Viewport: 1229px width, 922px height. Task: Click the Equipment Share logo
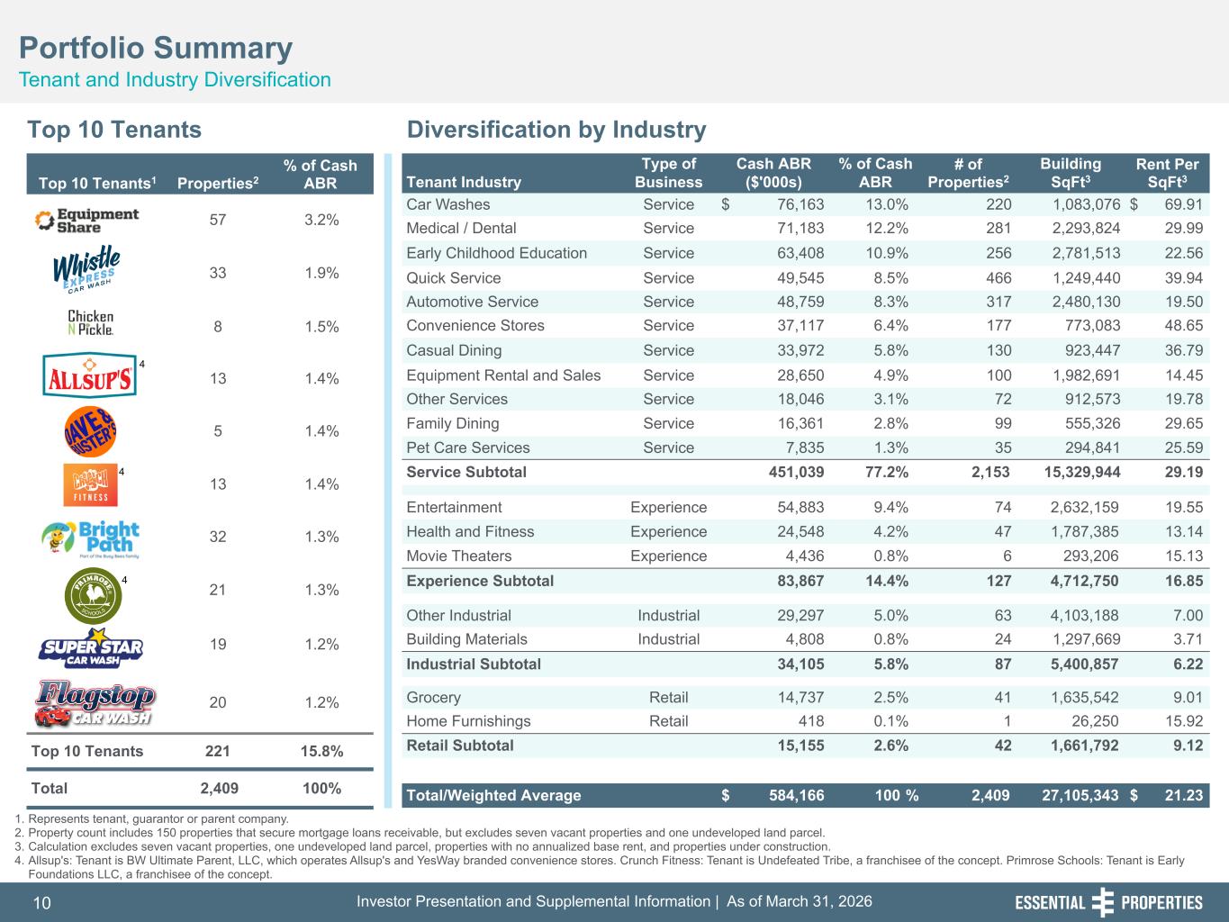[x=86, y=221]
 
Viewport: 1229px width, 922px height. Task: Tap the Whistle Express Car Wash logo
[x=86, y=269]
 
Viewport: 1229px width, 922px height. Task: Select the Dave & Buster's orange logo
[x=90, y=431]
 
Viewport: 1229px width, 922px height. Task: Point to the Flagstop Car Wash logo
[x=95, y=704]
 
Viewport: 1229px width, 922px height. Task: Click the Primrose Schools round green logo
[x=93, y=596]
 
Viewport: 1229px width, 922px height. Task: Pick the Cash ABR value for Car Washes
[x=800, y=204]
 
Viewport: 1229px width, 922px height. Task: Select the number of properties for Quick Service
[x=999, y=277]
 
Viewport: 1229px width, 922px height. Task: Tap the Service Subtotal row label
[x=466, y=472]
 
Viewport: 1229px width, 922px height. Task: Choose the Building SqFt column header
[x=1071, y=173]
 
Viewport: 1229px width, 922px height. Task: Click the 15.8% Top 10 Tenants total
[x=321, y=751]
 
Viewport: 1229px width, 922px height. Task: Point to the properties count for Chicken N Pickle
[x=218, y=326]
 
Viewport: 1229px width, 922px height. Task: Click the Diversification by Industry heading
[x=556, y=130]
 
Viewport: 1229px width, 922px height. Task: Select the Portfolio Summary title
[x=156, y=48]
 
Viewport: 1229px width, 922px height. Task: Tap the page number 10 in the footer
[x=42, y=903]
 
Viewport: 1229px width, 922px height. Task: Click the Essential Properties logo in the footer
[x=1108, y=902]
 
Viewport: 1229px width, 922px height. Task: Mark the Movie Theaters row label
[x=459, y=556]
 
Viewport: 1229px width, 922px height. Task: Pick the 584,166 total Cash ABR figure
[x=796, y=795]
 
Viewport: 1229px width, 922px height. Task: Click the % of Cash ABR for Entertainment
[x=890, y=507]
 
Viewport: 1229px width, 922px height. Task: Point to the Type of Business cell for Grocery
[x=669, y=698]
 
